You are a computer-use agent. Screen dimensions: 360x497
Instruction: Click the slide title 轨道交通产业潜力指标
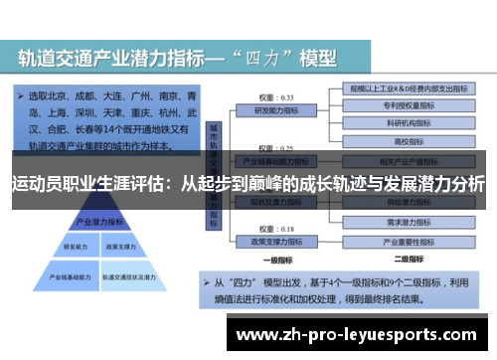tap(129, 59)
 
